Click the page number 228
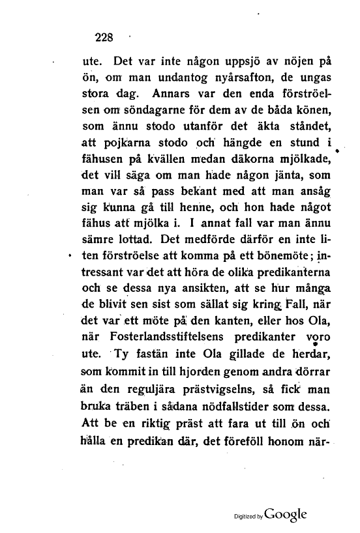pos(104,36)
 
